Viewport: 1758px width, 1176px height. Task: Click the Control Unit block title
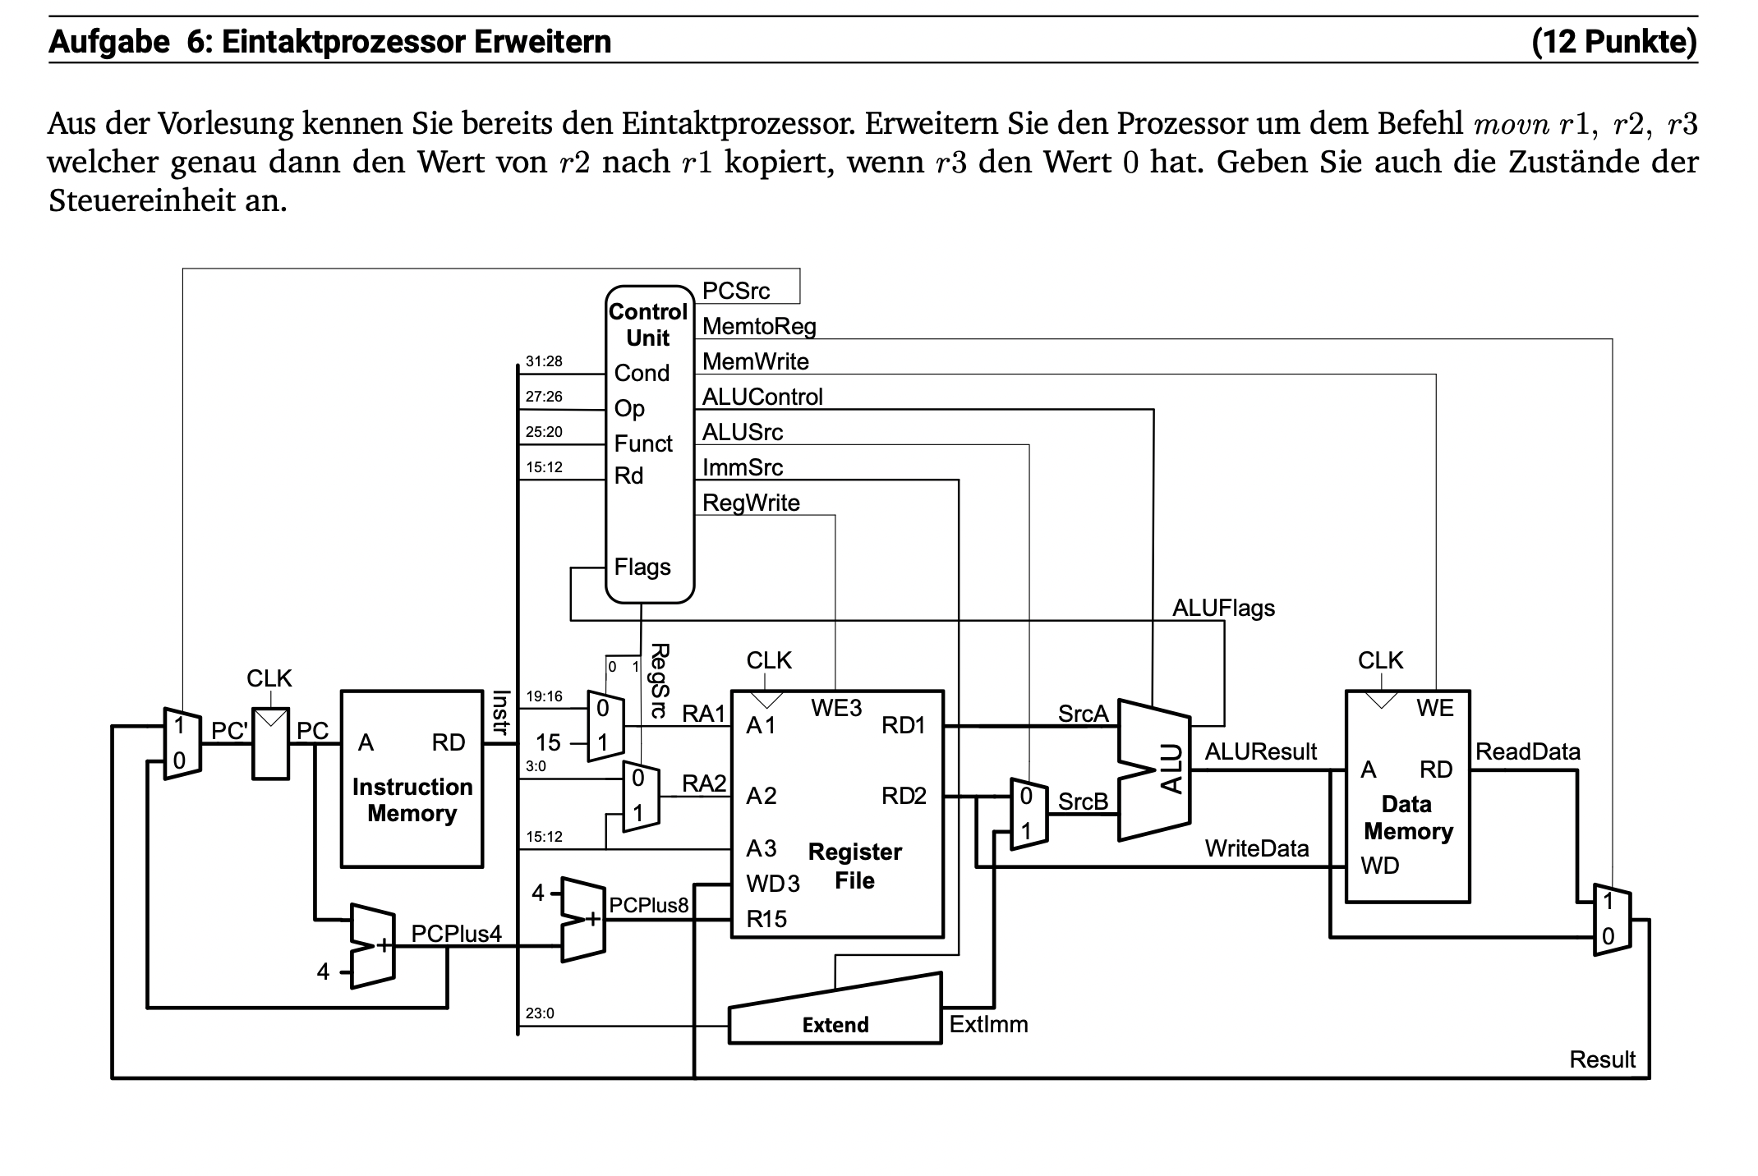[647, 324]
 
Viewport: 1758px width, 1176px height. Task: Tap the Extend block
[835, 1023]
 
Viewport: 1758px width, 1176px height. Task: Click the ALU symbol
[1172, 769]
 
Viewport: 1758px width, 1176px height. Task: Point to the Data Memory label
[1407, 818]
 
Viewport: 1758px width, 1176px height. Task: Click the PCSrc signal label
[735, 291]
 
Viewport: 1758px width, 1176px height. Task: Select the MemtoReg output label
[758, 326]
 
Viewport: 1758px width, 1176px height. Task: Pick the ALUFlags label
[1222, 608]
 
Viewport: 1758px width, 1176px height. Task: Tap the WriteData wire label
[1256, 848]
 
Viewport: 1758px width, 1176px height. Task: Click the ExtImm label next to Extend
[988, 1024]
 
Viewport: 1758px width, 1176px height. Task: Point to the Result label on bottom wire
[1602, 1059]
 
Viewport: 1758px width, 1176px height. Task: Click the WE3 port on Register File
[836, 708]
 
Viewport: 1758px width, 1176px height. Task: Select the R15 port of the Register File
[766, 919]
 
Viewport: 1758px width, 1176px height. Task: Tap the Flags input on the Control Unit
[642, 567]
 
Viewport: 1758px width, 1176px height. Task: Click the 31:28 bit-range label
[544, 361]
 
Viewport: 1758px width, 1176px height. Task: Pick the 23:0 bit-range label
[540, 1013]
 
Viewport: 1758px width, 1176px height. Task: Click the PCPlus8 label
[648, 905]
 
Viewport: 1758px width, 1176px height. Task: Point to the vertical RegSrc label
[659, 681]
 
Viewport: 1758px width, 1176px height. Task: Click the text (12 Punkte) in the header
[1613, 41]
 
